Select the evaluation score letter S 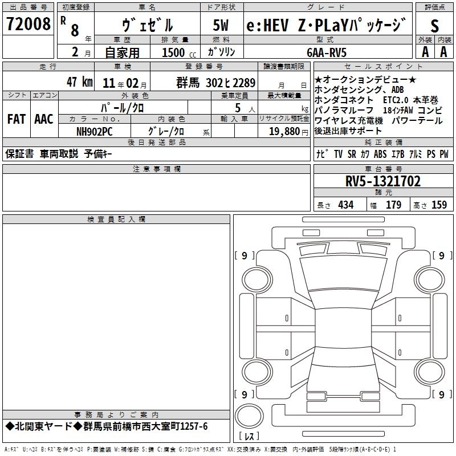coord(435,25)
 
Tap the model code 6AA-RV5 coord(326,52)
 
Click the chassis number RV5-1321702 coord(383,182)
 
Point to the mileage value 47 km coord(79,82)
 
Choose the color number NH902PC coord(95,131)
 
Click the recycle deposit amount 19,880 coord(279,131)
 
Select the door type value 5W coord(221,25)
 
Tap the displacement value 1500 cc coord(178,52)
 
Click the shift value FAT coord(15,119)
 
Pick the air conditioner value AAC coord(44,119)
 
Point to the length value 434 coord(345,205)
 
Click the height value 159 coord(439,205)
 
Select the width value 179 coord(393,205)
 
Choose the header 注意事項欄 coord(157,169)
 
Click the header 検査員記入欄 coord(116,219)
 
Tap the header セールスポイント coord(383,67)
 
